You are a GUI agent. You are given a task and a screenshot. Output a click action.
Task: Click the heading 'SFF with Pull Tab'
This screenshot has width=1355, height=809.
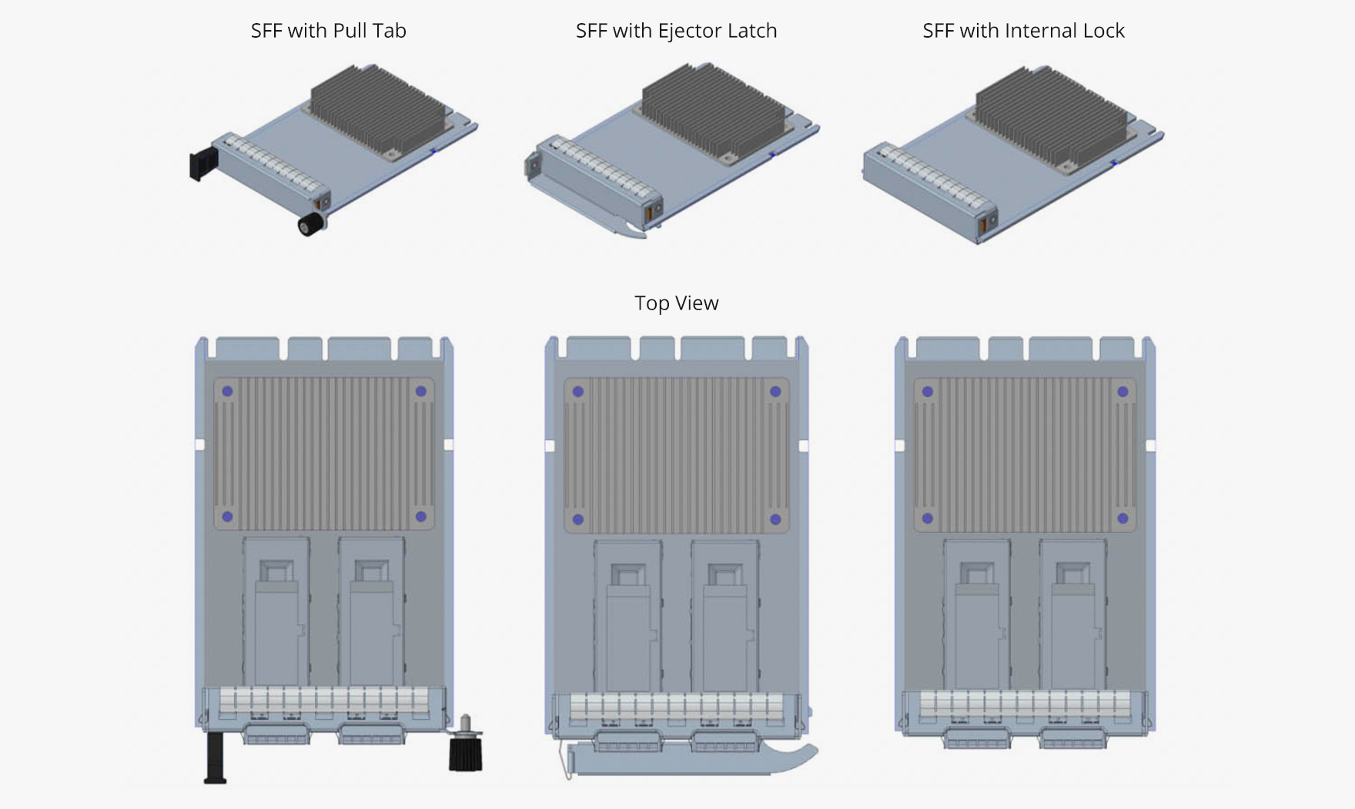tap(328, 31)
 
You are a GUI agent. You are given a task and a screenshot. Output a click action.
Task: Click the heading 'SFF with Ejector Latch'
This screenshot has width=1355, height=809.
tap(676, 31)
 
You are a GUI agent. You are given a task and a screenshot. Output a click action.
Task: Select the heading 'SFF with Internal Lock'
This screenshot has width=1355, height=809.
tap(1023, 31)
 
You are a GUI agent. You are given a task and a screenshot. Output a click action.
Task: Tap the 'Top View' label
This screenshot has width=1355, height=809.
tap(676, 303)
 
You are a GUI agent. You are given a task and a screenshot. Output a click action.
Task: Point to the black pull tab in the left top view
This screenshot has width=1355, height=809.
tap(214, 758)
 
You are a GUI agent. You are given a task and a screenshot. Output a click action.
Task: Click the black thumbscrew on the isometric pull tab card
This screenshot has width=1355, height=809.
tap(310, 224)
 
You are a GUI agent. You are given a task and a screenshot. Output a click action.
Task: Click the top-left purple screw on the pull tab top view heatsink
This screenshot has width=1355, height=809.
tap(228, 391)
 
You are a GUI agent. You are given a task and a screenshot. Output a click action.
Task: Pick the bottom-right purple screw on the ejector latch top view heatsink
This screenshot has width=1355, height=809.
tap(775, 520)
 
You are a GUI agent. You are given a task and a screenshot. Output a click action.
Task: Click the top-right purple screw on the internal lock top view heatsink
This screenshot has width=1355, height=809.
tap(1122, 392)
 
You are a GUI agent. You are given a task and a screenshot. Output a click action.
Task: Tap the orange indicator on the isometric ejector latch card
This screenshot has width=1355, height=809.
tap(648, 209)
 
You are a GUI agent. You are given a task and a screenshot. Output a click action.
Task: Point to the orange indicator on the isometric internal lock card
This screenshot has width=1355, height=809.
tap(982, 226)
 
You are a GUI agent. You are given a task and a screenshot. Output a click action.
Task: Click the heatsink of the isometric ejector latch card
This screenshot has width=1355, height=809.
tap(712, 112)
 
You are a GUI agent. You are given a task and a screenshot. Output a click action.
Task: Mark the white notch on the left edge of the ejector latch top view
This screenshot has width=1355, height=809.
tap(550, 446)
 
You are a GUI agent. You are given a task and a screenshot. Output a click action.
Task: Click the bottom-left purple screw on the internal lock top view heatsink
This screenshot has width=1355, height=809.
tap(928, 519)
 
